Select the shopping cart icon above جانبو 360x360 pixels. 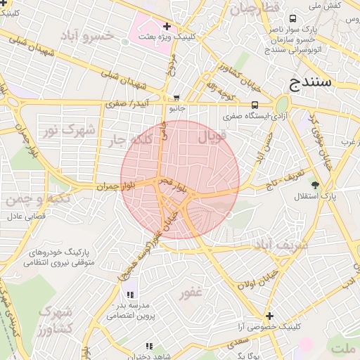tap(176, 98)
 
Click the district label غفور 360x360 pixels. tap(190, 292)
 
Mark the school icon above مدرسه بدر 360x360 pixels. tap(129, 294)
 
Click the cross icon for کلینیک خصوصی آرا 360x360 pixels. tap(269, 315)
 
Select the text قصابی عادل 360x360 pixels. tap(26, 217)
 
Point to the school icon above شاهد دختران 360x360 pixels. tap(148, 346)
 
